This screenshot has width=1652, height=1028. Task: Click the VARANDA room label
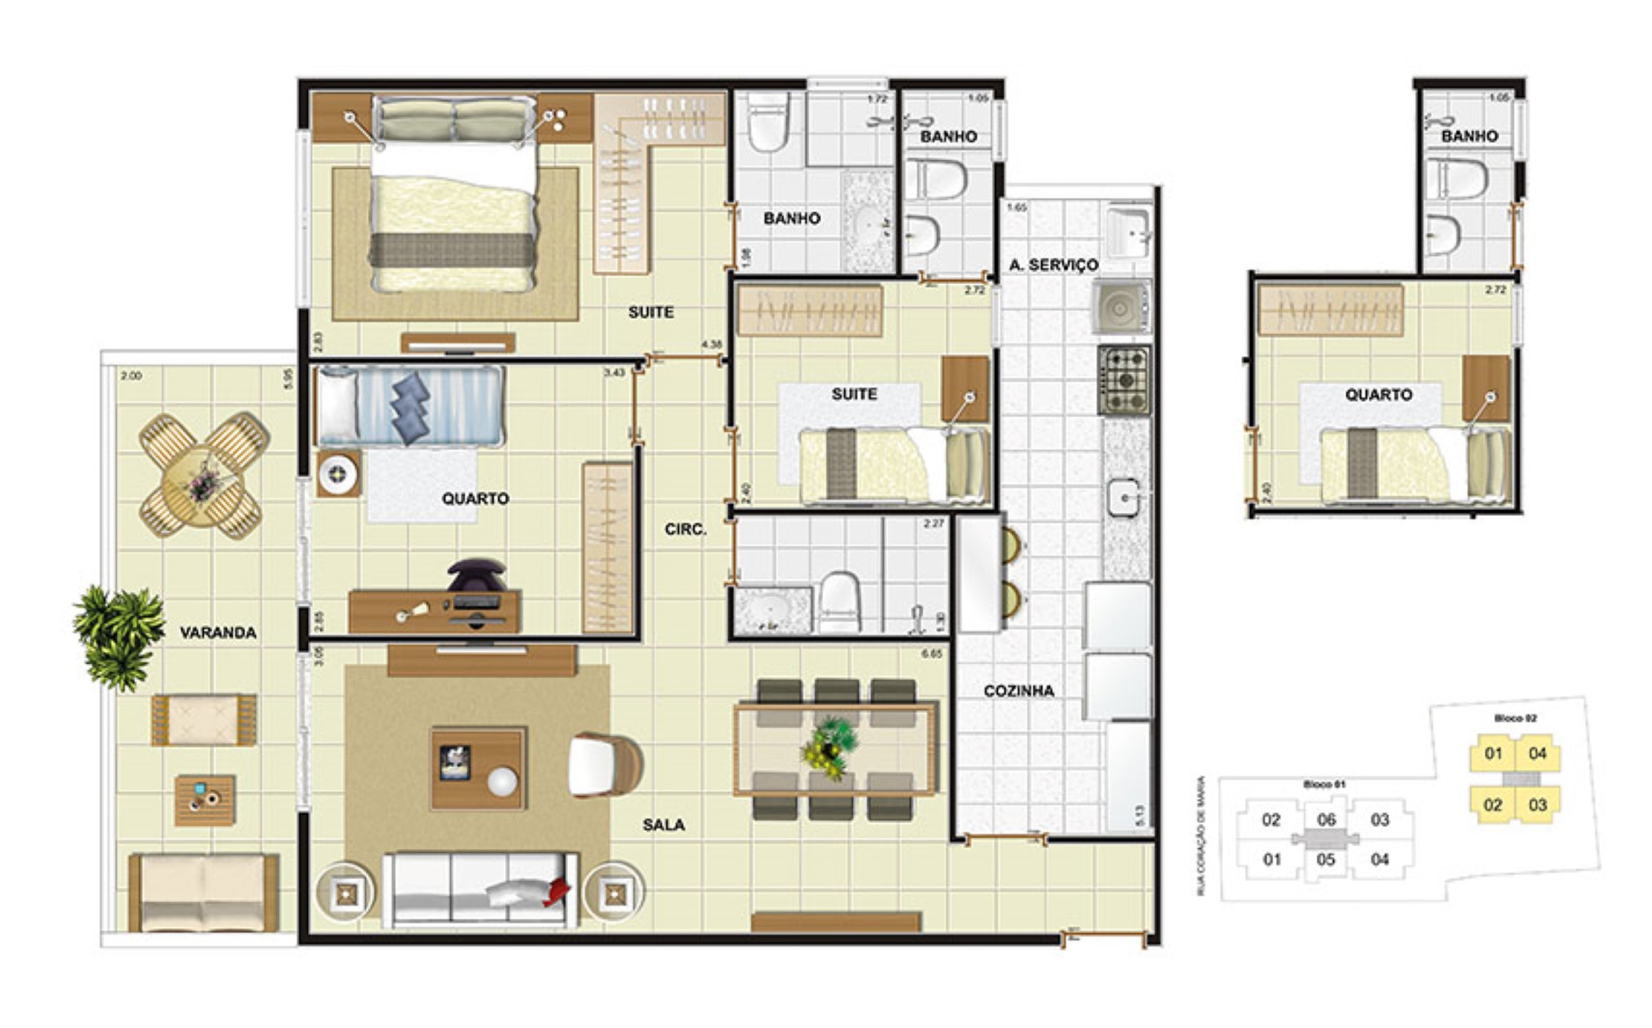[217, 632]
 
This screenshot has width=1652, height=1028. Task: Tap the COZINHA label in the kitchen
[1018, 690]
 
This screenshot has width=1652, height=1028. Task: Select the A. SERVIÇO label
[1053, 265]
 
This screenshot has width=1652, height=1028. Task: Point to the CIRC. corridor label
[685, 530]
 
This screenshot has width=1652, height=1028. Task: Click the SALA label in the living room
[663, 824]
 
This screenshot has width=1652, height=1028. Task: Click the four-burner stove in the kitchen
[1124, 380]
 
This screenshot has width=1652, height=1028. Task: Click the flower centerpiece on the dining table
[830, 748]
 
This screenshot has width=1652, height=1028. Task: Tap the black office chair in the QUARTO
[476, 574]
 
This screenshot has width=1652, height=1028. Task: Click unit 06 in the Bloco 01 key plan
[1326, 819]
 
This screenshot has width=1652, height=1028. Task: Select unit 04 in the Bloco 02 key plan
[1538, 753]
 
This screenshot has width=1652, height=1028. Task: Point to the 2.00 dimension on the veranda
[131, 376]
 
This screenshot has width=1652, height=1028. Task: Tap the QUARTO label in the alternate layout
[1378, 395]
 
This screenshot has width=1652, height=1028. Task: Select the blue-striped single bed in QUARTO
[409, 406]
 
